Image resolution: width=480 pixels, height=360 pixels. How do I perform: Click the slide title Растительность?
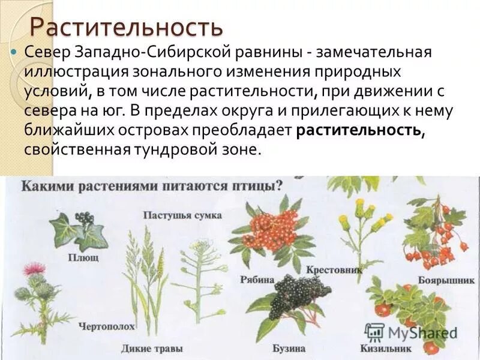click(x=127, y=27)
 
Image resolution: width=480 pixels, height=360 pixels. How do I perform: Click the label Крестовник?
click(x=334, y=271)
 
